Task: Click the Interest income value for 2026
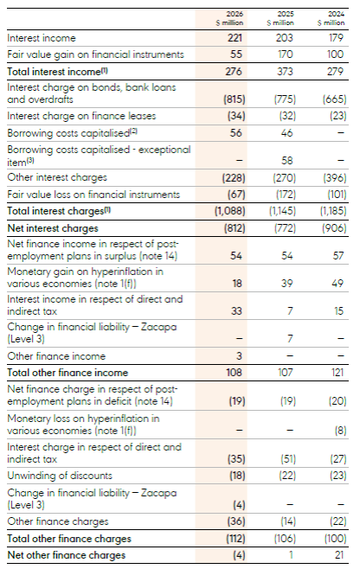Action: pyautogui.click(x=235, y=38)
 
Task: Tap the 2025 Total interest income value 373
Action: pyautogui.click(x=285, y=71)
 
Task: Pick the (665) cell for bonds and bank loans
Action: pyautogui.click(x=335, y=99)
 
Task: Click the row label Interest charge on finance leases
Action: pyautogui.click(x=81, y=116)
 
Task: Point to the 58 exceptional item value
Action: pyautogui.click(x=286, y=160)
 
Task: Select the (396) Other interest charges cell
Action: pyautogui.click(x=335, y=177)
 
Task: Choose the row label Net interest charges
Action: pyautogui.click(x=53, y=228)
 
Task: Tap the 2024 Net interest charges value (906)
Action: pyautogui.click(x=334, y=228)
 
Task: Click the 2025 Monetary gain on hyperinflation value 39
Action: pyautogui.click(x=286, y=283)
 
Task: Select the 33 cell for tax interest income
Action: pyautogui.click(x=236, y=311)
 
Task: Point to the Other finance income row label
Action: pyautogui.click(x=56, y=356)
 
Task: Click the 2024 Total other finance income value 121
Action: pyautogui.click(x=337, y=373)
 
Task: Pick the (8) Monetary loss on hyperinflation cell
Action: pyautogui.click(x=340, y=431)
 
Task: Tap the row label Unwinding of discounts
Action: pyautogui.click(x=60, y=476)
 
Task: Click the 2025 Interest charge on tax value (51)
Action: pyautogui.click(x=288, y=458)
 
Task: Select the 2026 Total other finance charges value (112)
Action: pyautogui.click(x=235, y=538)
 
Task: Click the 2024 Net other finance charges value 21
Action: pyautogui.click(x=338, y=555)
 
